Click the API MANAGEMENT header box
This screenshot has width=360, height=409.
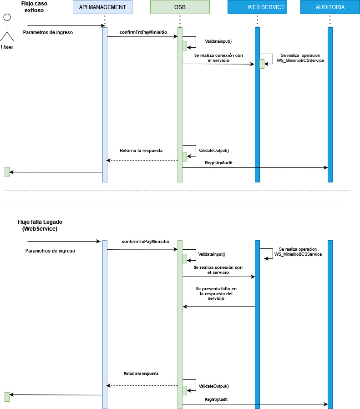coord(102,7)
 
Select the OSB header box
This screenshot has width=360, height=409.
coord(180,7)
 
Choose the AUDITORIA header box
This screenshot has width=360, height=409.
coord(330,7)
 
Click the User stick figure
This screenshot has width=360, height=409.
coord(7,30)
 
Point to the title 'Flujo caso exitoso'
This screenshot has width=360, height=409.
coord(34,7)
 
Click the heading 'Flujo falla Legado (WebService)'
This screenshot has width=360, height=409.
coord(40,225)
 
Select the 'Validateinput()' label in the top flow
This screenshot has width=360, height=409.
coord(218,41)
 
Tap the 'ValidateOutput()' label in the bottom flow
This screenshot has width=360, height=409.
coord(213,386)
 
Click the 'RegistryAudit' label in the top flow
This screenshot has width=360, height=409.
coord(219,162)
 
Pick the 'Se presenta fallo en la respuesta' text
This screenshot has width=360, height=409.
coord(216,293)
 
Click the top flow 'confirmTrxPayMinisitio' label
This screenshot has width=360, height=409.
coord(143,32)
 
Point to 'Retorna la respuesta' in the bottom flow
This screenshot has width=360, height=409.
coord(141,373)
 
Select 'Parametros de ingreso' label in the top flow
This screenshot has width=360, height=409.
coord(48,32)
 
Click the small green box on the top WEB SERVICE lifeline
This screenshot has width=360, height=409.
coord(262,64)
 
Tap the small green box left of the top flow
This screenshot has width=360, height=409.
coord(7,172)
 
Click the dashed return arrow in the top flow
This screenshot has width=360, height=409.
coord(142,160)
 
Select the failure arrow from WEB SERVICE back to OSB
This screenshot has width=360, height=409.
coord(218,307)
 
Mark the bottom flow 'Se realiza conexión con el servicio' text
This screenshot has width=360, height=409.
coord(218,270)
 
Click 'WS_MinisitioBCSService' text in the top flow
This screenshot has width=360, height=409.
coord(300,60)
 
